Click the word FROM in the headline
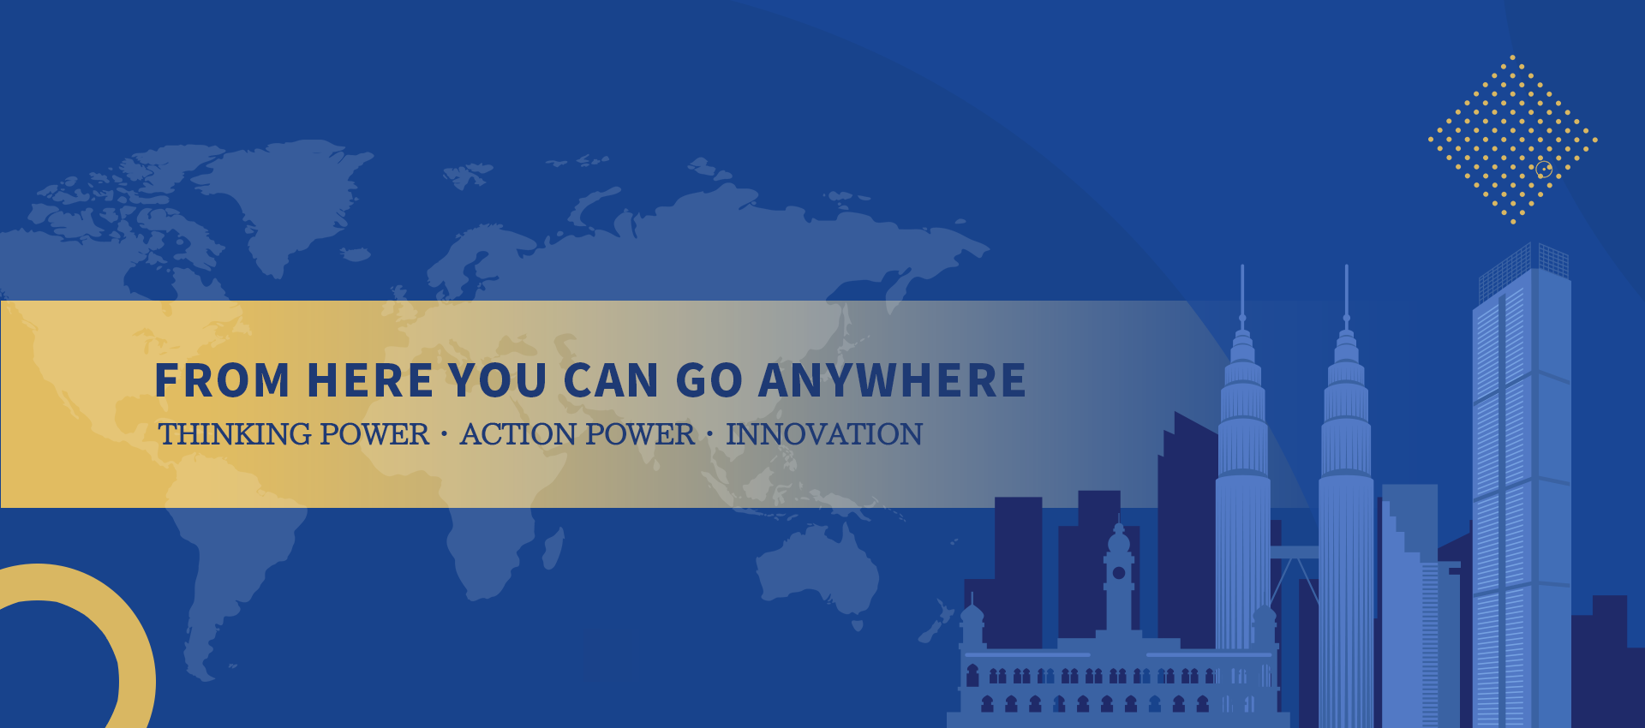[x=223, y=380]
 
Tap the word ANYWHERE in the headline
[x=893, y=380]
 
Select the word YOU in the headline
[x=498, y=380]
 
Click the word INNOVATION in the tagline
[x=824, y=434]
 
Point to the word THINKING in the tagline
[x=236, y=434]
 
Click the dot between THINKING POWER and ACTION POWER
[x=444, y=434]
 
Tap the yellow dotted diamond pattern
[x=1512, y=139]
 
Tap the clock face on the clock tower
[x=1119, y=573]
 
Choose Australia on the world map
[x=817, y=570]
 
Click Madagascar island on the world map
[x=553, y=548]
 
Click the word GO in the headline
[x=709, y=380]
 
